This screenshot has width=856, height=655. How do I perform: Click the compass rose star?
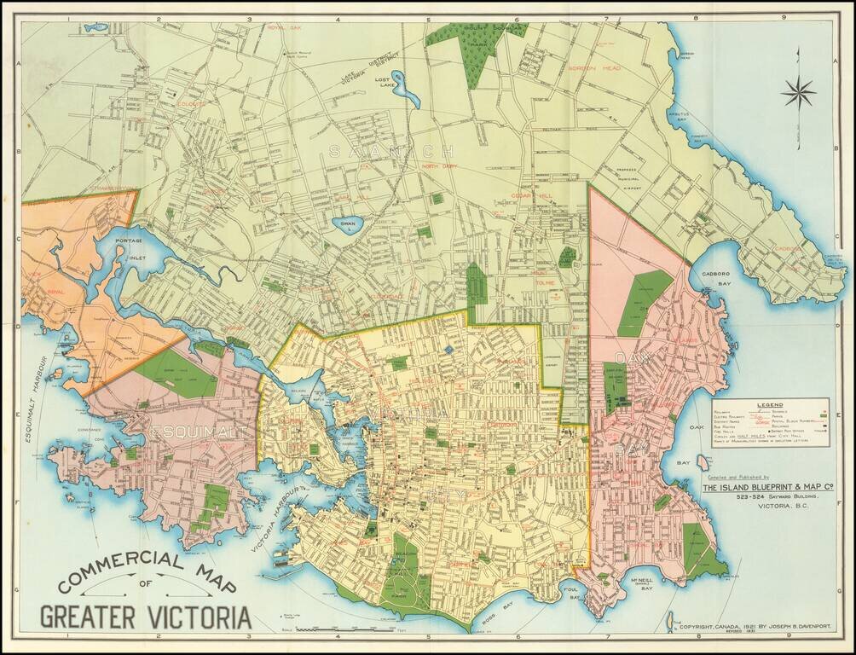tap(799, 92)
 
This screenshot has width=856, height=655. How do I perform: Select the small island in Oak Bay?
tap(703, 462)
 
